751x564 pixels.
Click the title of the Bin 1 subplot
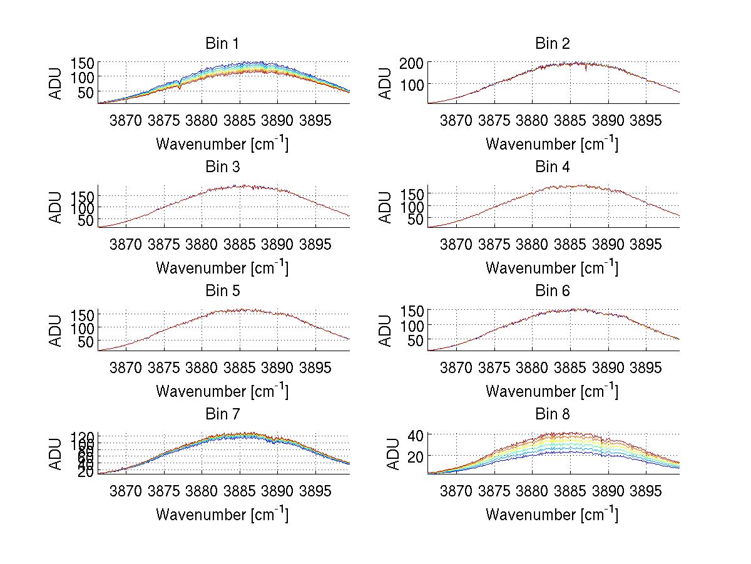(222, 44)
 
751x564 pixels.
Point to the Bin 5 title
(222, 291)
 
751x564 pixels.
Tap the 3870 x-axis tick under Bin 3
(126, 244)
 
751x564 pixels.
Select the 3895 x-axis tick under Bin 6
(646, 367)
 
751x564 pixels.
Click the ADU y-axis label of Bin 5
(56, 330)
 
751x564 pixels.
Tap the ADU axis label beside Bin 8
(386, 454)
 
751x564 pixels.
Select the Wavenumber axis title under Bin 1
(222, 143)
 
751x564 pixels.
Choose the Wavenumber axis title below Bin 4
(551, 267)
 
